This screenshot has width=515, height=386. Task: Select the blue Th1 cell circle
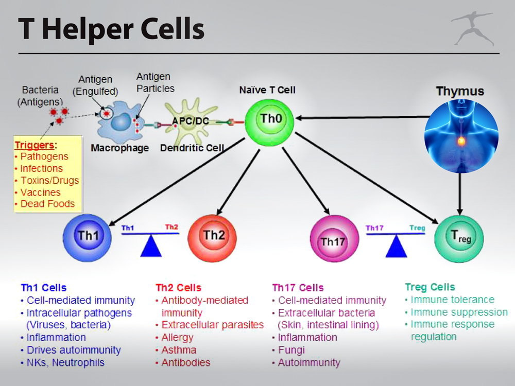87,238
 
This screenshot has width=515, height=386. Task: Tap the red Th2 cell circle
212,238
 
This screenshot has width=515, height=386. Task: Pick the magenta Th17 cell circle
334,239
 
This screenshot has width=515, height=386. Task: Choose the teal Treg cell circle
459,239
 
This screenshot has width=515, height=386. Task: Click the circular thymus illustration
461,136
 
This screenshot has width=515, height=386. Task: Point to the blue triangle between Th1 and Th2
151,245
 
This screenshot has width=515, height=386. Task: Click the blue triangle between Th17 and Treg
396,246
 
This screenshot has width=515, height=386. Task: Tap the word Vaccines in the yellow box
41,192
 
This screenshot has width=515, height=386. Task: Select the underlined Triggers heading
35,145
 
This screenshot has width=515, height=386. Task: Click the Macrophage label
119,148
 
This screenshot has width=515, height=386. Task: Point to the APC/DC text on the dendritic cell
191,121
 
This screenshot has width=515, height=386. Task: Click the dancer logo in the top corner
473,28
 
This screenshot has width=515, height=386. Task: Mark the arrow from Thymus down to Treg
460,194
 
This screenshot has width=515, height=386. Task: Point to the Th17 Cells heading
298,288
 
